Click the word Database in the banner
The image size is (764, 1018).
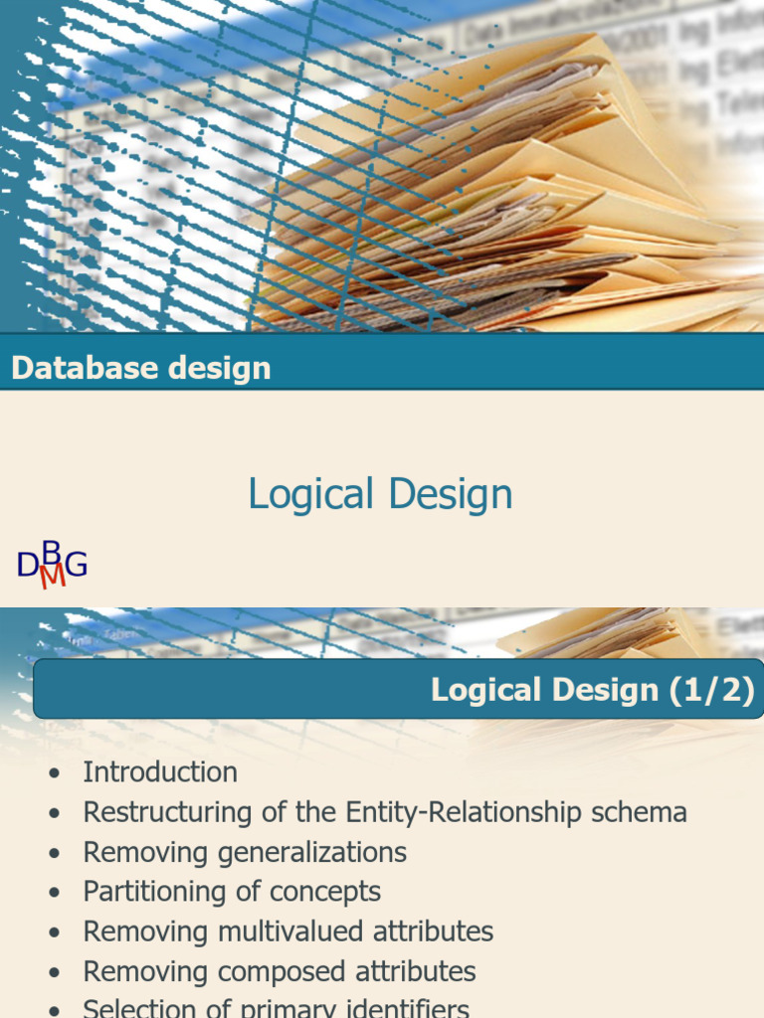pos(73,368)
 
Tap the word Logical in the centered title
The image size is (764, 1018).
pos(310,494)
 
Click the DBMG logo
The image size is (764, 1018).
pos(52,565)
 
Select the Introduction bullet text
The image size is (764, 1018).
pos(160,772)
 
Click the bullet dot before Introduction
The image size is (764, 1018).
pos(54,773)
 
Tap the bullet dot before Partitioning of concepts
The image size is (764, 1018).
pos(54,893)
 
